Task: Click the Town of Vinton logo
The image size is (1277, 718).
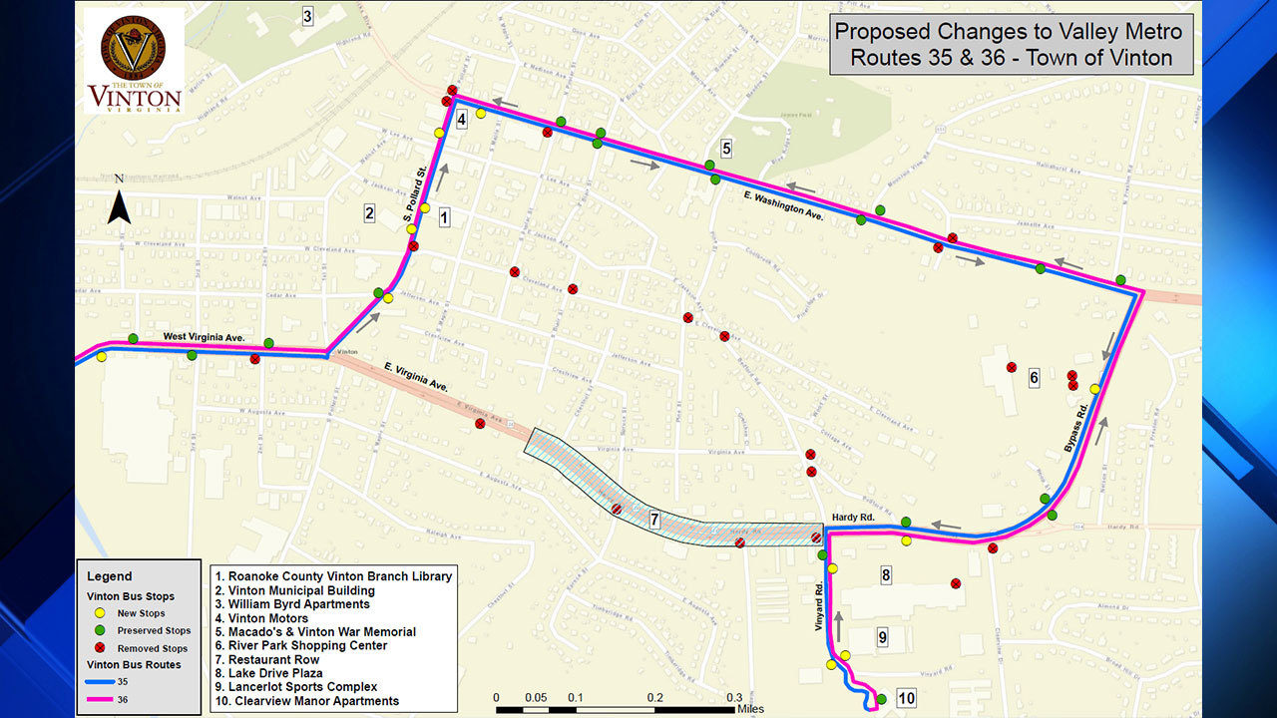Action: coord(134,62)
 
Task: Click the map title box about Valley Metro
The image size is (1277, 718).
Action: coord(1011,45)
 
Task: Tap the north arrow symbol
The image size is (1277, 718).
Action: coord(120,206)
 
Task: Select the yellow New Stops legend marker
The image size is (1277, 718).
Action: coord(100,613)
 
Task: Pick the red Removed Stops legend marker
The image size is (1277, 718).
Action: coord(100,648)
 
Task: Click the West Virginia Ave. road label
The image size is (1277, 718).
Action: coord(204,338)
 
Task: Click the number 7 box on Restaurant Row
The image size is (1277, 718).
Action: coord(654,520)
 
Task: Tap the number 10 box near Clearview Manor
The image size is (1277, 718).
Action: coord(906,698)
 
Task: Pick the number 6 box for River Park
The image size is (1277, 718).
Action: coord(1034,378)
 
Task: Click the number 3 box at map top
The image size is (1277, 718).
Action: coord(307,16)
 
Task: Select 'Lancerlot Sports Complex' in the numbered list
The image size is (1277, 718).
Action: coord(303,687)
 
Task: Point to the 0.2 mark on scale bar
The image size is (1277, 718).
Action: coord(654,698)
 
